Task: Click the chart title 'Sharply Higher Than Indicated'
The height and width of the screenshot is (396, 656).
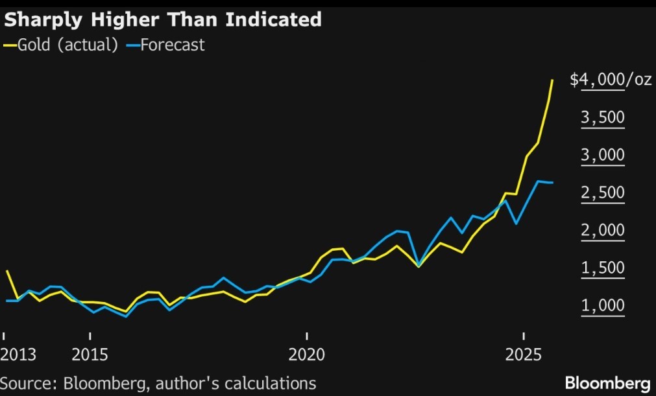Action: click(163, 19)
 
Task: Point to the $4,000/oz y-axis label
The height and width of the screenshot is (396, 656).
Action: click(611, 80)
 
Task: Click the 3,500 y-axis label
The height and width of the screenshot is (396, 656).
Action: click(603, 118)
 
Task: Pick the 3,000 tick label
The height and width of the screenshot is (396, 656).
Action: click(603, 156)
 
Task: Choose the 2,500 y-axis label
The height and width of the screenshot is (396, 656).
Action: click(603, 193)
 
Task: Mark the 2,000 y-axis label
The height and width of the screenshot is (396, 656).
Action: click(603, 231)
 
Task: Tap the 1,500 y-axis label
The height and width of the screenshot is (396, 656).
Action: click(603, 268)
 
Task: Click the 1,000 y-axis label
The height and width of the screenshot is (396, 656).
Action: click(603, 306)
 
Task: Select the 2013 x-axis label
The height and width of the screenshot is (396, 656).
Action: click(19, 355)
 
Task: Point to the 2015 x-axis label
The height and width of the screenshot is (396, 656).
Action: click(90, 355)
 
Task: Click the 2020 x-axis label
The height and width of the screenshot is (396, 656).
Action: click(307, 355)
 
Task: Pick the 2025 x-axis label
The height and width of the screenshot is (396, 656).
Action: click(524, 355)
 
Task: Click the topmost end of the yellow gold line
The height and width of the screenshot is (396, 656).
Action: click(552, 80)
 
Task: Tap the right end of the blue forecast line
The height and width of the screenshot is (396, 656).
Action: click(552, 183)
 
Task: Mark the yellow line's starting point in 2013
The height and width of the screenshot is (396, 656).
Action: click(6, 272)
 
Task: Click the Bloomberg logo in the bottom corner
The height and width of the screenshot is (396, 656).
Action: click(607, 382)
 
